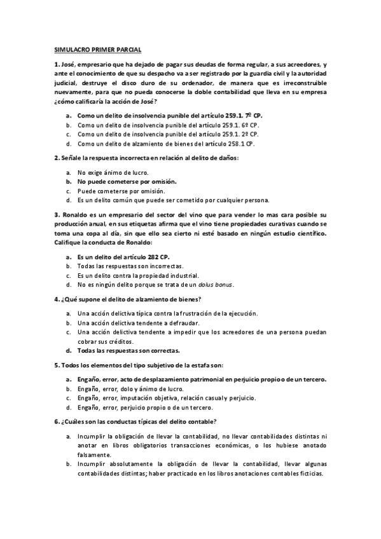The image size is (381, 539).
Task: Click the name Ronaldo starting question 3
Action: click(75, 214)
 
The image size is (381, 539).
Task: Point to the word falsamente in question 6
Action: click(94, 455)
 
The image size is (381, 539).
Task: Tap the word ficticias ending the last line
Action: click(309, 474)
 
